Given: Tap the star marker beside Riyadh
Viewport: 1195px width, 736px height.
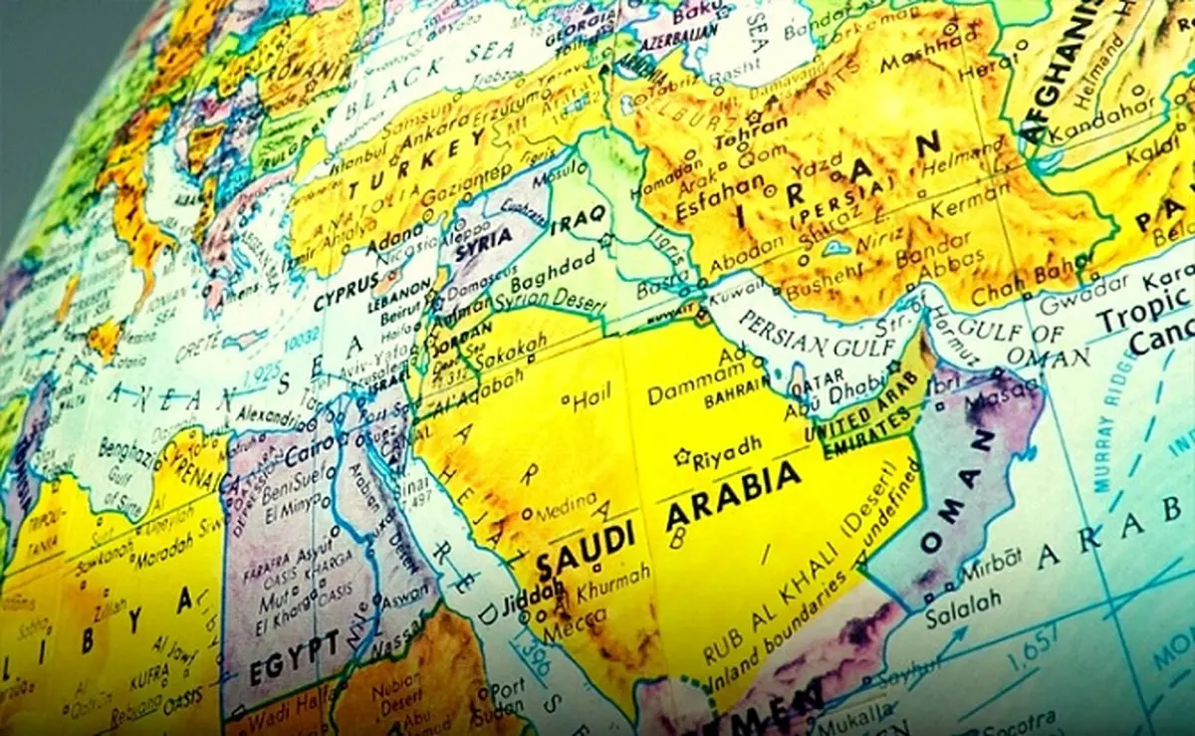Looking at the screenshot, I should (682, 457).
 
